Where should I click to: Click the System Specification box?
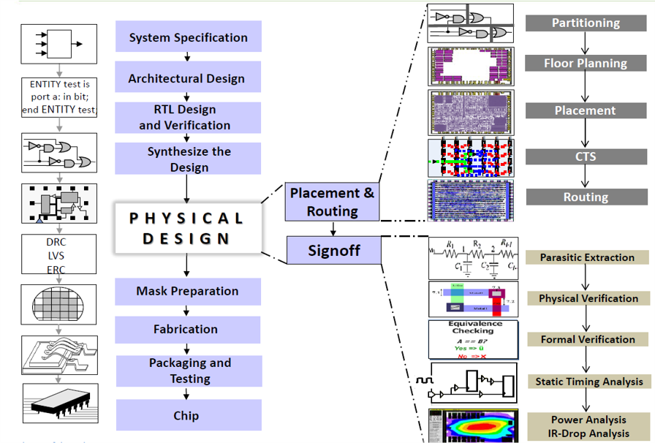click(x=188, y=37)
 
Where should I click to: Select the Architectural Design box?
click(x=187, y=78)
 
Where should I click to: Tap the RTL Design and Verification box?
click(x=188, y=117)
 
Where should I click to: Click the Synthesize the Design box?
click(x=189, y=159)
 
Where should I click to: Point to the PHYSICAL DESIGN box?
click(x=187, y=227)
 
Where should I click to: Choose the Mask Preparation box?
click(x=188, y=291)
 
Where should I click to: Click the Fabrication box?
click(x=187, y=330)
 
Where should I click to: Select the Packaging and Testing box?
click(x=189, y=371)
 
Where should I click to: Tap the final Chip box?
click(x=187, y=415)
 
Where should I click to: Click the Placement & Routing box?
click(x=332, y=202)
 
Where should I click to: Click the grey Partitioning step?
click(x=586, y=23)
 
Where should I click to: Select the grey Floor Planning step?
click(x=586, y=63)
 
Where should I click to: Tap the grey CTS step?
click(x=586, y=156)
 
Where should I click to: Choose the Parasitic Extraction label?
click(x=587, y=257)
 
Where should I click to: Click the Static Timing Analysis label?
click(x=588, y=381)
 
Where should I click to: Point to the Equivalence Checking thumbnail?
click(x=472, y=338)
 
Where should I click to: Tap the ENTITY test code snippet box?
click(x=59, y=97)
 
